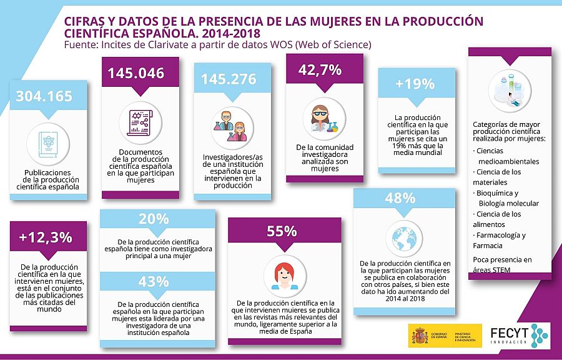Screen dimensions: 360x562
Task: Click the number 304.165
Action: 44,97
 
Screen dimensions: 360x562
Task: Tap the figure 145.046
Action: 136,73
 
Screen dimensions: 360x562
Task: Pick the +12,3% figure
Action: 46,237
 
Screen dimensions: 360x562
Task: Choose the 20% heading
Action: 154,219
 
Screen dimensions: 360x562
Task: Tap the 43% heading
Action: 154,282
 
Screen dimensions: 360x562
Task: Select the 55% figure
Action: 282,231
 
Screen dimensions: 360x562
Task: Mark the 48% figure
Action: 400,199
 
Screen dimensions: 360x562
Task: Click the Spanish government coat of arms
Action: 418,336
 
